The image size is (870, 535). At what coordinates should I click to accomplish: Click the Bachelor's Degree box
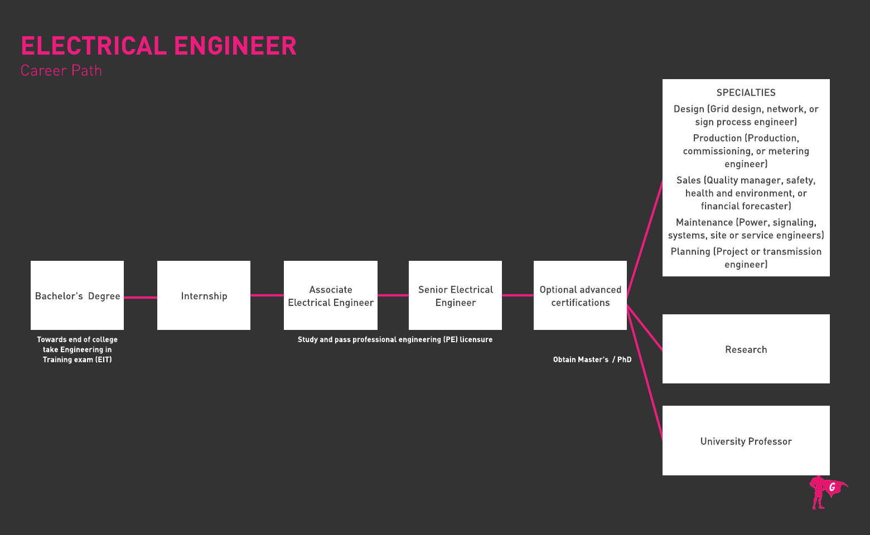click(x=77, y=295)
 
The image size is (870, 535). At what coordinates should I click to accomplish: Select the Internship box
click(x=204, y=295)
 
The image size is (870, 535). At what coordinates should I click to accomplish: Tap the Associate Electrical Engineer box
click(x=330, y=295)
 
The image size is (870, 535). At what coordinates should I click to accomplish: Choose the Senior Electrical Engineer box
click(x=455, y=295)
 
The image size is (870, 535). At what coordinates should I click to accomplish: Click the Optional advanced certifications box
click(x=580, y=295)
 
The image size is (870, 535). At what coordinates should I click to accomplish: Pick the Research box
click(x=746, y=349)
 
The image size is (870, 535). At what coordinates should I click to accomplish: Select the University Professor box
click(x=746, y=441)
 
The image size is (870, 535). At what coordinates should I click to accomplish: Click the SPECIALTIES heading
click(x=746, y=93)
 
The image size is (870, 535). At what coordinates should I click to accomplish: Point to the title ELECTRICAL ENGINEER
click(x=158, y=46)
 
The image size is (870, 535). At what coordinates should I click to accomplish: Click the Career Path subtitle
click(x=61, y=71)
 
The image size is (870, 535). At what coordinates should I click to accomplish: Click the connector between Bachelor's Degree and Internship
click(x=141, y=298)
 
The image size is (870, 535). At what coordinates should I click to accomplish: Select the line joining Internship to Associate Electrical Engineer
click(x=267, y=295)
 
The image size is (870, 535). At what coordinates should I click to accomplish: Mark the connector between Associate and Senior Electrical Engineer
click(x=393, y=295)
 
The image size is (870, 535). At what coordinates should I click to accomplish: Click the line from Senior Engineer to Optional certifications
click(x=518, y=295)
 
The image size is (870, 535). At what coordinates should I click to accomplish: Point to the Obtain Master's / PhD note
click(x=592, y=359)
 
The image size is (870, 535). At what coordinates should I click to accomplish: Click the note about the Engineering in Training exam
click(x=77, y=349)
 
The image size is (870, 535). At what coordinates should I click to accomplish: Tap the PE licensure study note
click(x=395, y=339)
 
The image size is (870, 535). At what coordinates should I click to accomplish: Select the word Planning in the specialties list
click(x=690, y=251)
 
